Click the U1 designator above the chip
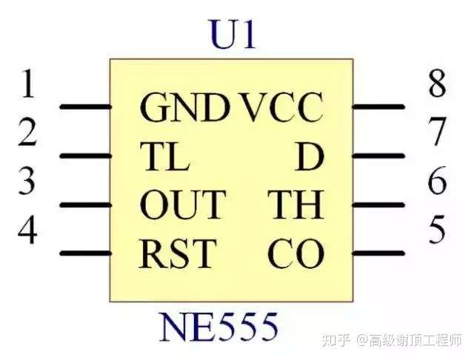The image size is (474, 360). point(233,35)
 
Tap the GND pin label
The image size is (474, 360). point(184,108)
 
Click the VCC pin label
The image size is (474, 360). point(282,108)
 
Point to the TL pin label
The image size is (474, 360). point(164,156)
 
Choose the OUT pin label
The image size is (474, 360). point(181,205)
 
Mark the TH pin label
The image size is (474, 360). point(296,205)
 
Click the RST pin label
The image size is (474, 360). point(176,254)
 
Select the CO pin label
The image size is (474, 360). point(296,254)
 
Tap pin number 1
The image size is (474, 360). point(28,85)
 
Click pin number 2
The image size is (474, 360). point(28,133)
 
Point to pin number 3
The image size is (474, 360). point(28,182)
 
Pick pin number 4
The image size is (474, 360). point(28,230)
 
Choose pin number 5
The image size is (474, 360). point(438,230)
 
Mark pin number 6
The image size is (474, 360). point(438,182)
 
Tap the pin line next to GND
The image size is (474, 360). point(84,107)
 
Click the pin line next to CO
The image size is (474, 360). point(378,253)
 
